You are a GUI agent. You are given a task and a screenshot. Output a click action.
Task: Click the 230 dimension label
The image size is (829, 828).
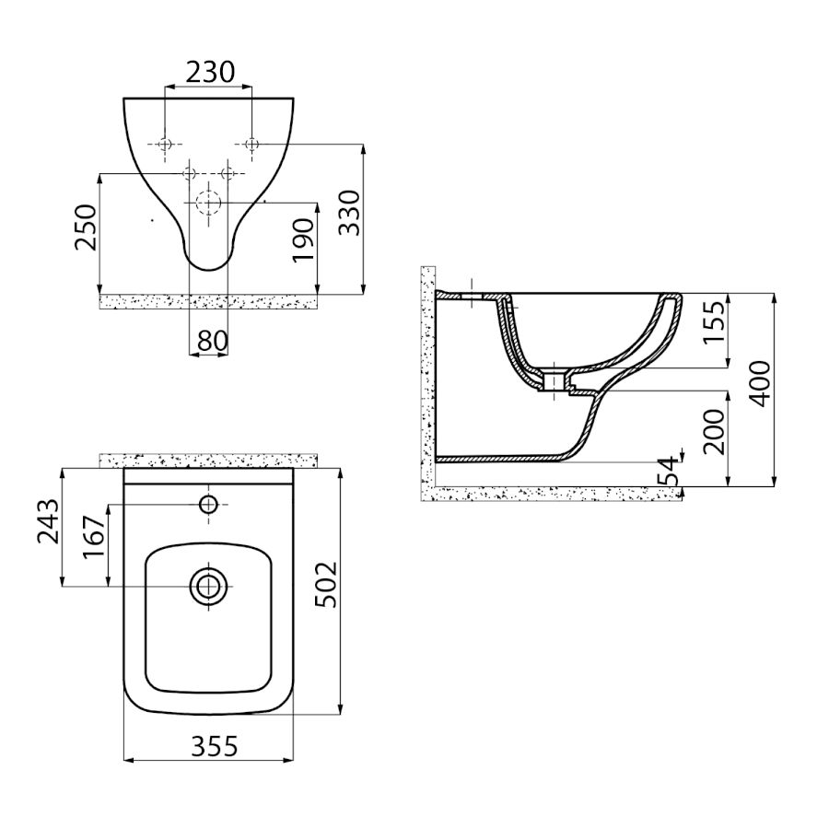click(209, 72)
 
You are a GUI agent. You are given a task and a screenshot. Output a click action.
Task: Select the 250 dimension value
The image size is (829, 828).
click(87, 227)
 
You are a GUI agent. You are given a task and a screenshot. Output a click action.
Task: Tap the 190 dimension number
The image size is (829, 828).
click(304, 239)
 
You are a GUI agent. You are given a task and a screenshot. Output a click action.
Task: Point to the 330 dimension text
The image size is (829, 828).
click(349, 213)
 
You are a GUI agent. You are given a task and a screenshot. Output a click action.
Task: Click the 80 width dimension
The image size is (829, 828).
click(213, 341)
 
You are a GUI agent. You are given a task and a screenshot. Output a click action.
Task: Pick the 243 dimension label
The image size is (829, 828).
click(48, 520)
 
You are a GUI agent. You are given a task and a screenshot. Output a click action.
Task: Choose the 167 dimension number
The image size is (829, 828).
click(94, 537)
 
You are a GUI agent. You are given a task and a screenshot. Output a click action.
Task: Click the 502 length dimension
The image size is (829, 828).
click(326, 584)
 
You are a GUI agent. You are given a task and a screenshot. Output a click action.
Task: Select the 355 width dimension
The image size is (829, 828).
click(214, 746)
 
